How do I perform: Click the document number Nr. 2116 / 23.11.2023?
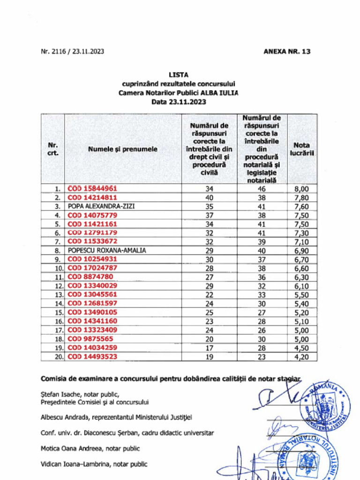point(72,52)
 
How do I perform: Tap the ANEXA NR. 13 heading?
point(287,52)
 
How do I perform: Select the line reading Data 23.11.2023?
point(178,101)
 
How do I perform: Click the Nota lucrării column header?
point(301,149)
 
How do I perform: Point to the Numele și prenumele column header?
point(122,149)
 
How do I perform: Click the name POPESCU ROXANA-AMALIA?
point(107,250)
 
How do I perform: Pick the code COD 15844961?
point(92,188)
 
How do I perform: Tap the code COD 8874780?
point(90,277)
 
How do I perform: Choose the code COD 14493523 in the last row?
point(92,357)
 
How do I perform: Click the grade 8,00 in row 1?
point(301,189)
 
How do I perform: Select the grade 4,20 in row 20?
point(301,357)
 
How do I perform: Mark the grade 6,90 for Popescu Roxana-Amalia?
point(301,251)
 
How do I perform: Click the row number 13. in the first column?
point(57,295)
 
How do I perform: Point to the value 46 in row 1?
point(262,189)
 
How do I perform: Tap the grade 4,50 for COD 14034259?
point(301,348)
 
